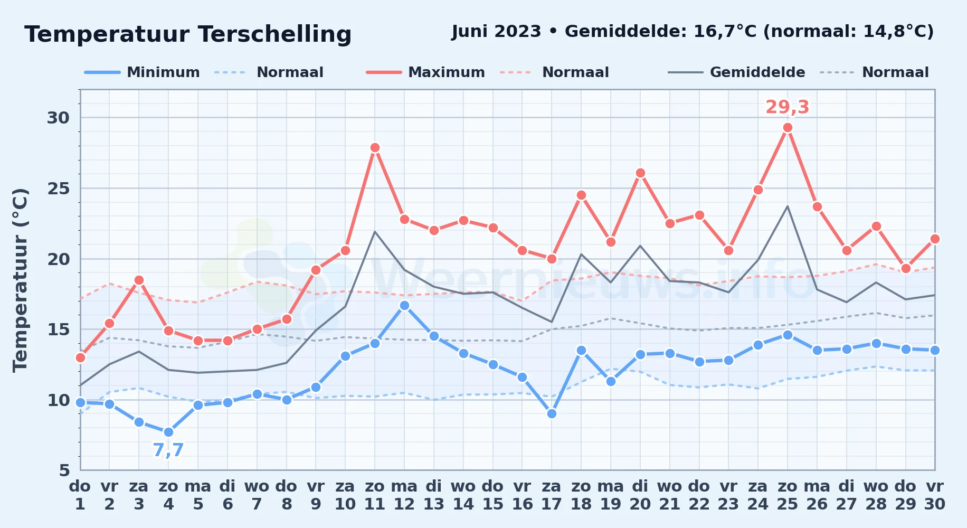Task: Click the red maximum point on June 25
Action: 788,127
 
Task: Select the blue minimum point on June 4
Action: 168,432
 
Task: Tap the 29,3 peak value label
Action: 787,107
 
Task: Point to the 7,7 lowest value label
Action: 168,450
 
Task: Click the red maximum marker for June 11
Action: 375,147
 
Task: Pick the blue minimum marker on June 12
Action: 404,305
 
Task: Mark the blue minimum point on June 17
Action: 552,413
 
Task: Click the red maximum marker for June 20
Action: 640,173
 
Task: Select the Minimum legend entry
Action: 142,72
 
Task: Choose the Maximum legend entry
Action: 425,72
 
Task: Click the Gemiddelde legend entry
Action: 737,72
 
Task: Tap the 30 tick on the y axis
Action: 59,118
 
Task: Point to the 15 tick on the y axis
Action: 59,329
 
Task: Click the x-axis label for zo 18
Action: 581,495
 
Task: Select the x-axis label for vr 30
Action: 935,495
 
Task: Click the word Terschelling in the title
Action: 275,34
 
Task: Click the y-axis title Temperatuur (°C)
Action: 20,280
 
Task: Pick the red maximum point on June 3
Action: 139,280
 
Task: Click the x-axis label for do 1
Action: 80,495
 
